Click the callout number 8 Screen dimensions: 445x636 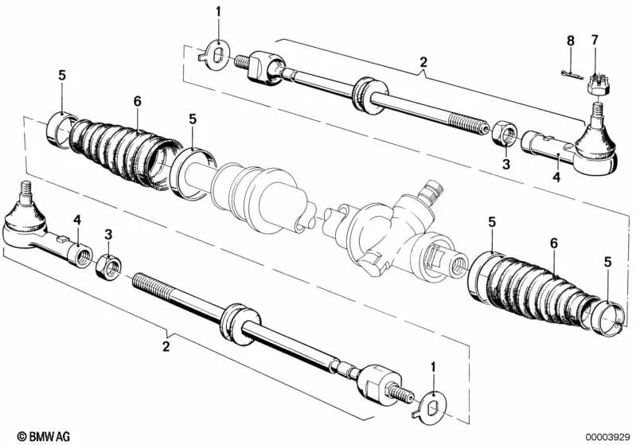click(x=569, y=40)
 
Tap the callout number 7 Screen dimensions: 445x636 click(x=594, y=40)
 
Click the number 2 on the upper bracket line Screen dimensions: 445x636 click(x=423, y=62)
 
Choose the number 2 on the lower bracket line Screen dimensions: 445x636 click(x=166, y=346)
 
